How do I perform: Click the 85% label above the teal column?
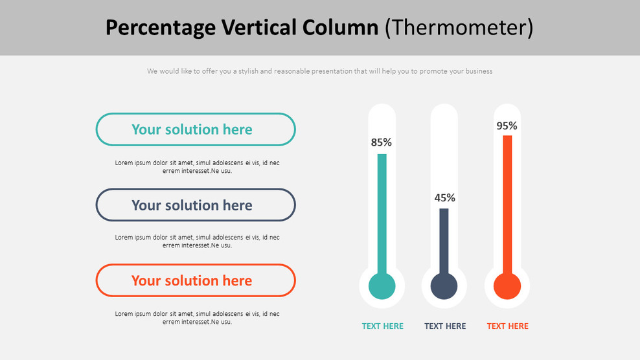tap(381, 142)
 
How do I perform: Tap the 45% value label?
tap(444, 197)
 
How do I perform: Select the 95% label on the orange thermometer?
tap(507, 126)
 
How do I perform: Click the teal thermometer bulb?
tap(382, 286)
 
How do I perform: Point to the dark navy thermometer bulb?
tap(444, 286)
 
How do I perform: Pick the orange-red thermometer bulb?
tap(507, 286)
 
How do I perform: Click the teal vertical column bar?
tap(382, 214)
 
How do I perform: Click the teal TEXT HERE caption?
tap(382, 326)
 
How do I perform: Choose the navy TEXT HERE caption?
tap(445, 326)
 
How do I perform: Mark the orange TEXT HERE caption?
tap(507, 326)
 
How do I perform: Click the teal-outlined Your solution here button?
tap(196, 129)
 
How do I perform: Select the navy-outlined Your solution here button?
tap(196, 205)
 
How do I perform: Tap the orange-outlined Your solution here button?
tap(196, 280)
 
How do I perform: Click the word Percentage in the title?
tap(160, 28)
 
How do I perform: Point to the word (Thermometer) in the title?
tap(459, 28)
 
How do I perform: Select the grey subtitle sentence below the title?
tap(319, 71)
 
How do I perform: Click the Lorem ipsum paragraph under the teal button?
tap(197, 167)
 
